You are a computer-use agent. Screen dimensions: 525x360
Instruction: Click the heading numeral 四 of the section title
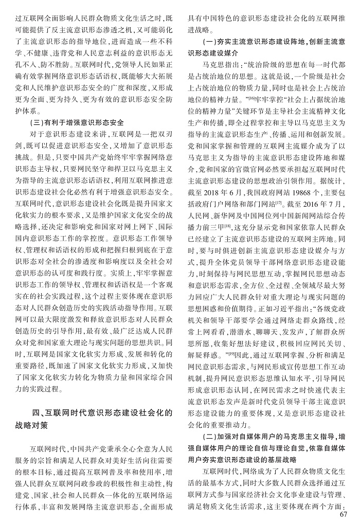(34, 412)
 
